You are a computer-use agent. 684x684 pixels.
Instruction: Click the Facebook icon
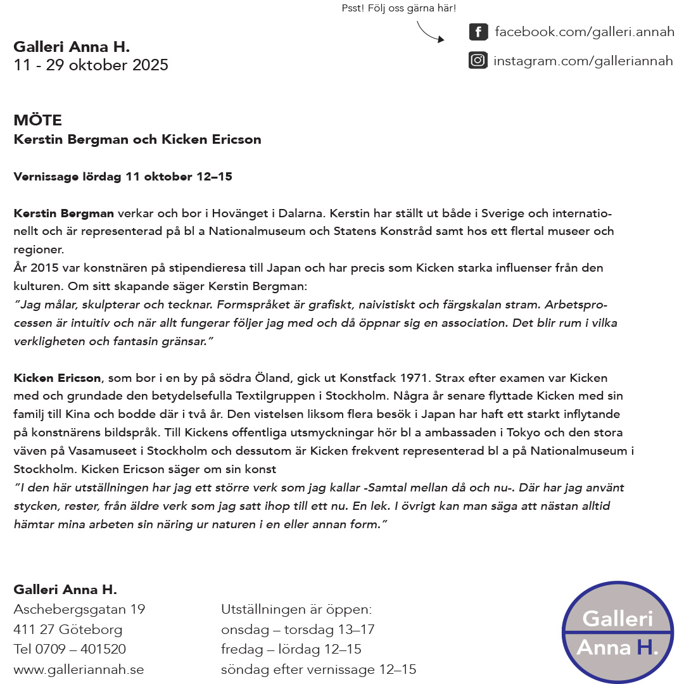[x=478, y=32]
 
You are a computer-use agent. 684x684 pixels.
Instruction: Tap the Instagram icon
[x=478, y=61]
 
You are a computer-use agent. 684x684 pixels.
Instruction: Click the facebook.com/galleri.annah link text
[x=584, y=32]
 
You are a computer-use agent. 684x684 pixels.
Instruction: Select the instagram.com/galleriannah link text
[x=583, y=61]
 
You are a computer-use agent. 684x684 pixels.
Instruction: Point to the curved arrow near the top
[x=429, y=32]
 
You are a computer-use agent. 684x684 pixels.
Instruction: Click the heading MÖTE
[x=38, y=120]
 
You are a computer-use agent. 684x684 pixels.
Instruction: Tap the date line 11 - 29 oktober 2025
[x=91, y=65]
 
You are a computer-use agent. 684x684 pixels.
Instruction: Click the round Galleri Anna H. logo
[x=617, y=632]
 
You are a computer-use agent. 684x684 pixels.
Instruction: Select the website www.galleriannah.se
[x=79, y=669]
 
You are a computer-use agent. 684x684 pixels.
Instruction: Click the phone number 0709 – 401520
[x=80, y=649]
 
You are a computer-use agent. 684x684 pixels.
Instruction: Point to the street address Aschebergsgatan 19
[x=79, y=609]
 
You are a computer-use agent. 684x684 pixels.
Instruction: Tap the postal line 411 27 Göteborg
[x=68, y=630]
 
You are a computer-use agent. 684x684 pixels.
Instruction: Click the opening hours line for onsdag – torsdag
[x=298, y=630]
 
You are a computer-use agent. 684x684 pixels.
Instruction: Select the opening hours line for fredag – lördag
[x=291, y=649]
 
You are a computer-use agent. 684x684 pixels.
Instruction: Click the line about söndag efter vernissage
[x=319, y=669]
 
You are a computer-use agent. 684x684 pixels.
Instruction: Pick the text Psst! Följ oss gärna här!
[x=398, y=9]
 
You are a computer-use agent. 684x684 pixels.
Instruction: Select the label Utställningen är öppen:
[x=296, y=609]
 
